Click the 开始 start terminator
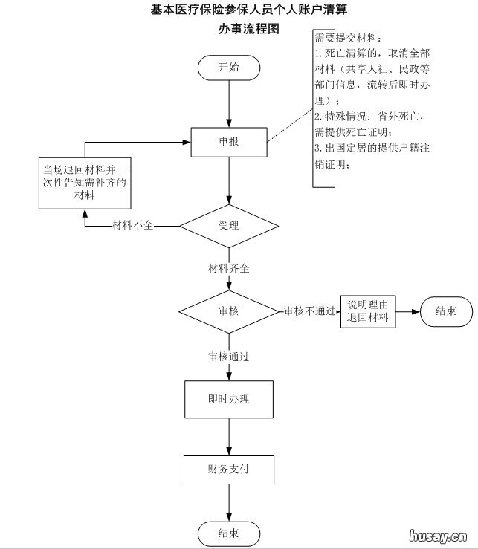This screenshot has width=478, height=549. click(x=228, y=67)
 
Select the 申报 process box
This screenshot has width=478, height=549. click(x=228, y=142)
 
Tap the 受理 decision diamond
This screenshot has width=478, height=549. click(x=228, y=225)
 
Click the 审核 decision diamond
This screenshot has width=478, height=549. click(x=228, y=311)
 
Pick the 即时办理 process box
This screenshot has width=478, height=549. click(x=228, y=399)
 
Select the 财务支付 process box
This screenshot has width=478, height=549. click(x=228, y=470)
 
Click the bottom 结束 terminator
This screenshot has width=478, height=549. click(x=228, y=533)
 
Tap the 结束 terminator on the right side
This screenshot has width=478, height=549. click(x=445, y=311)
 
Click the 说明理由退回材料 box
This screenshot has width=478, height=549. click(x=367, y=311)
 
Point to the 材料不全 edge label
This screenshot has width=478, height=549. click(x=132, y=225)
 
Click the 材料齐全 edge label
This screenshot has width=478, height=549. click(x=228, y=268)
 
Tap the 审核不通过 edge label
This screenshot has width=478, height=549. click(x=309, y=311)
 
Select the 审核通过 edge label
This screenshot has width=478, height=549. click(x=228, y=357)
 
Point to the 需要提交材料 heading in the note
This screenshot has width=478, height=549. click(x=347, y=38)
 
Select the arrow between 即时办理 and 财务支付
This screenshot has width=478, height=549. click(x=228, y=436)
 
